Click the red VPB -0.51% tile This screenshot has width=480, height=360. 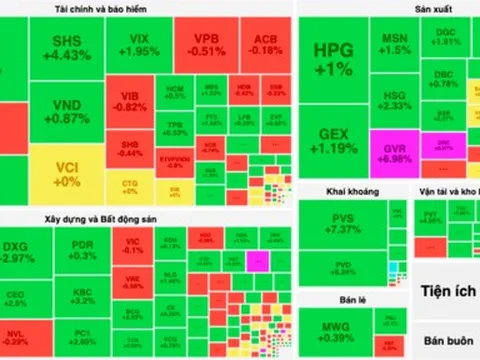point(206,44)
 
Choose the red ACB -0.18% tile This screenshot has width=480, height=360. point(264,44)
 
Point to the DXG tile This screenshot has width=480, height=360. point(25,251)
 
